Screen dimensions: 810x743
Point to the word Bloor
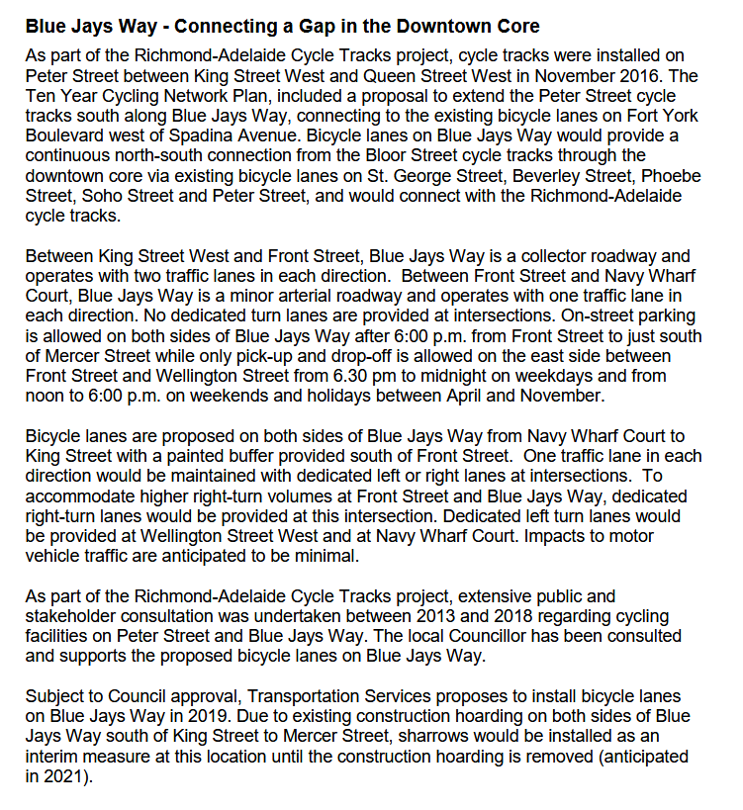point(455,154)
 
